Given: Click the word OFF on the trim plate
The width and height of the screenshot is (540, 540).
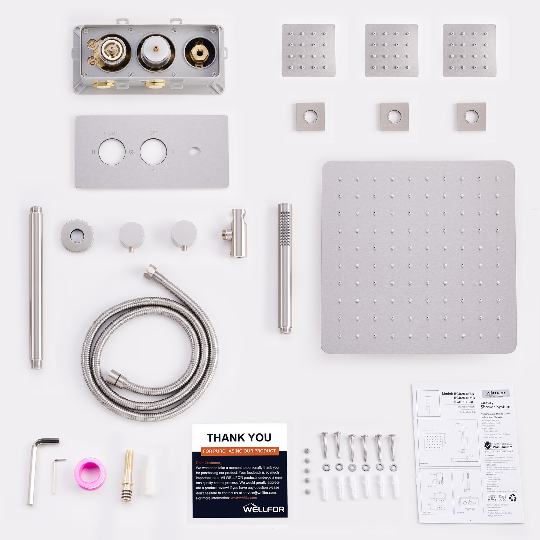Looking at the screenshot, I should coord(153,133).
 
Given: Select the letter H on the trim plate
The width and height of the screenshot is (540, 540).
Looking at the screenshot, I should coord(93,152).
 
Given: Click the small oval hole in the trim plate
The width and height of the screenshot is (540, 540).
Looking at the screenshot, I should coord(195,152).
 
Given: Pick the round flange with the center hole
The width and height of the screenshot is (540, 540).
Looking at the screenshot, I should coord(77,236).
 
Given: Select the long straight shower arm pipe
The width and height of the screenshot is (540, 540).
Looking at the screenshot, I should coord(36,288).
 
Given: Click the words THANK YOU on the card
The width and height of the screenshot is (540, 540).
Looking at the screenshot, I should coord(239,438).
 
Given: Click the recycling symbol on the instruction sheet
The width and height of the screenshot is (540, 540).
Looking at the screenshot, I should coord(512,497).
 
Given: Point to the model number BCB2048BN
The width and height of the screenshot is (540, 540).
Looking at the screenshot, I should coord(464,394).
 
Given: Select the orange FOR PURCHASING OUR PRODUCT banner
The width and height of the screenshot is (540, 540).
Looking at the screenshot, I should coord(239,451).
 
